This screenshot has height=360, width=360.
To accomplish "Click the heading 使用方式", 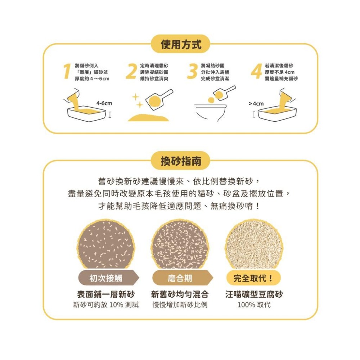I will coord(180,45).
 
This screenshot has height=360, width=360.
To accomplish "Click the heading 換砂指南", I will coord(180,161).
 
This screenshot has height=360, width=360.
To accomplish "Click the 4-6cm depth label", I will coord(104,103).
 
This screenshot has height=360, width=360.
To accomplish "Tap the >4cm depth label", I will coord(256,104).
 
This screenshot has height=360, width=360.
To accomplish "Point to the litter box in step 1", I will coord(86,113).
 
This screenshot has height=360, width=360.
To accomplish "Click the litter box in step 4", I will coord(278,113).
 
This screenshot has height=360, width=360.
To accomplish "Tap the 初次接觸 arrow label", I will coord(106,278).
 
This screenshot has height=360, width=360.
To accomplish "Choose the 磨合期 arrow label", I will coord(180,278).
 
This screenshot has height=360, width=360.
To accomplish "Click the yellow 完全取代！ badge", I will coord(253,278).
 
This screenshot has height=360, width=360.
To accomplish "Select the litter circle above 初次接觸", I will coord(107,245).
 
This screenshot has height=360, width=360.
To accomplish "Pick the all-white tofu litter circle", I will coord(253,245).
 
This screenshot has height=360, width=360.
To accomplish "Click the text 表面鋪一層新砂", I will coord(106,294).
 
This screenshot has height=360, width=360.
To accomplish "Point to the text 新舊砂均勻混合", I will coord(180,294).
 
